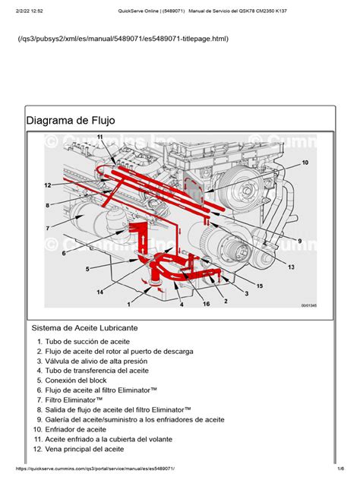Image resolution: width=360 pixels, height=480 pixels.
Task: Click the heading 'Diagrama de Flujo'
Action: pyautogui.click(x=71, y=121)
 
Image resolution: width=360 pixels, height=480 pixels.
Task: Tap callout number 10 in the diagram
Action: pyautogui.click(x=305, y=163)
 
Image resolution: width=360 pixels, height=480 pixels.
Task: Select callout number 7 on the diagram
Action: pyautogui.click(x=47, y=228)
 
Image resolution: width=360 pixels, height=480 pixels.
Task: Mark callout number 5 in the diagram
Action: pyautogui.click(x=87, y=268)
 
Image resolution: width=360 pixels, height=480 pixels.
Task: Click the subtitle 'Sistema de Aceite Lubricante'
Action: pyautogui.click(x=85, y=328)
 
